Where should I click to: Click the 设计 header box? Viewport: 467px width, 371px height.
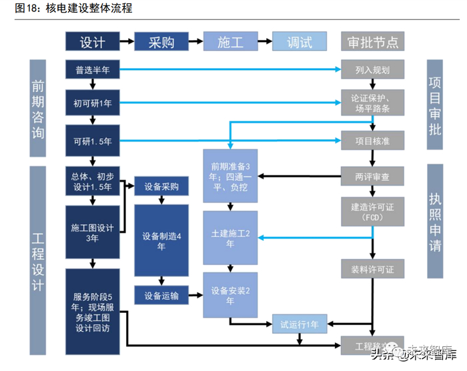[92, 42]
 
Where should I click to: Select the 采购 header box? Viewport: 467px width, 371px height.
[161, 42]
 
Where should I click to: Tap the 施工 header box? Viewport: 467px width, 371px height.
[230, 42]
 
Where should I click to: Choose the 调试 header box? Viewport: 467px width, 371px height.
[300, 42]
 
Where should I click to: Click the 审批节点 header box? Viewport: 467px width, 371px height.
[372, 42]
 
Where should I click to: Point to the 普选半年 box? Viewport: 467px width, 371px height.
[92, 69]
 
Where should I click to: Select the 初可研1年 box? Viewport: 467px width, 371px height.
[92, 103]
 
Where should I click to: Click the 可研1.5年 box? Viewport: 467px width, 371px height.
[92, 141]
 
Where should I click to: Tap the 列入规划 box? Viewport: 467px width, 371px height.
[372, 69]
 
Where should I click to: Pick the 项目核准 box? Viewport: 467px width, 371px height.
[372, 141]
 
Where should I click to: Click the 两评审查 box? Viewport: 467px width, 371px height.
[372, 177]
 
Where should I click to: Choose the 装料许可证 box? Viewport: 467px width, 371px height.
[372, 270]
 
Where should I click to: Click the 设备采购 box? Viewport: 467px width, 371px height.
[161, 187]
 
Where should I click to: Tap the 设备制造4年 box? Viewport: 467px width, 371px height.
[161, 240]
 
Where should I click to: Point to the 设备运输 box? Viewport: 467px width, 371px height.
[161, 294]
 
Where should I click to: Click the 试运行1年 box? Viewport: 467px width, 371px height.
[300, 324]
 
